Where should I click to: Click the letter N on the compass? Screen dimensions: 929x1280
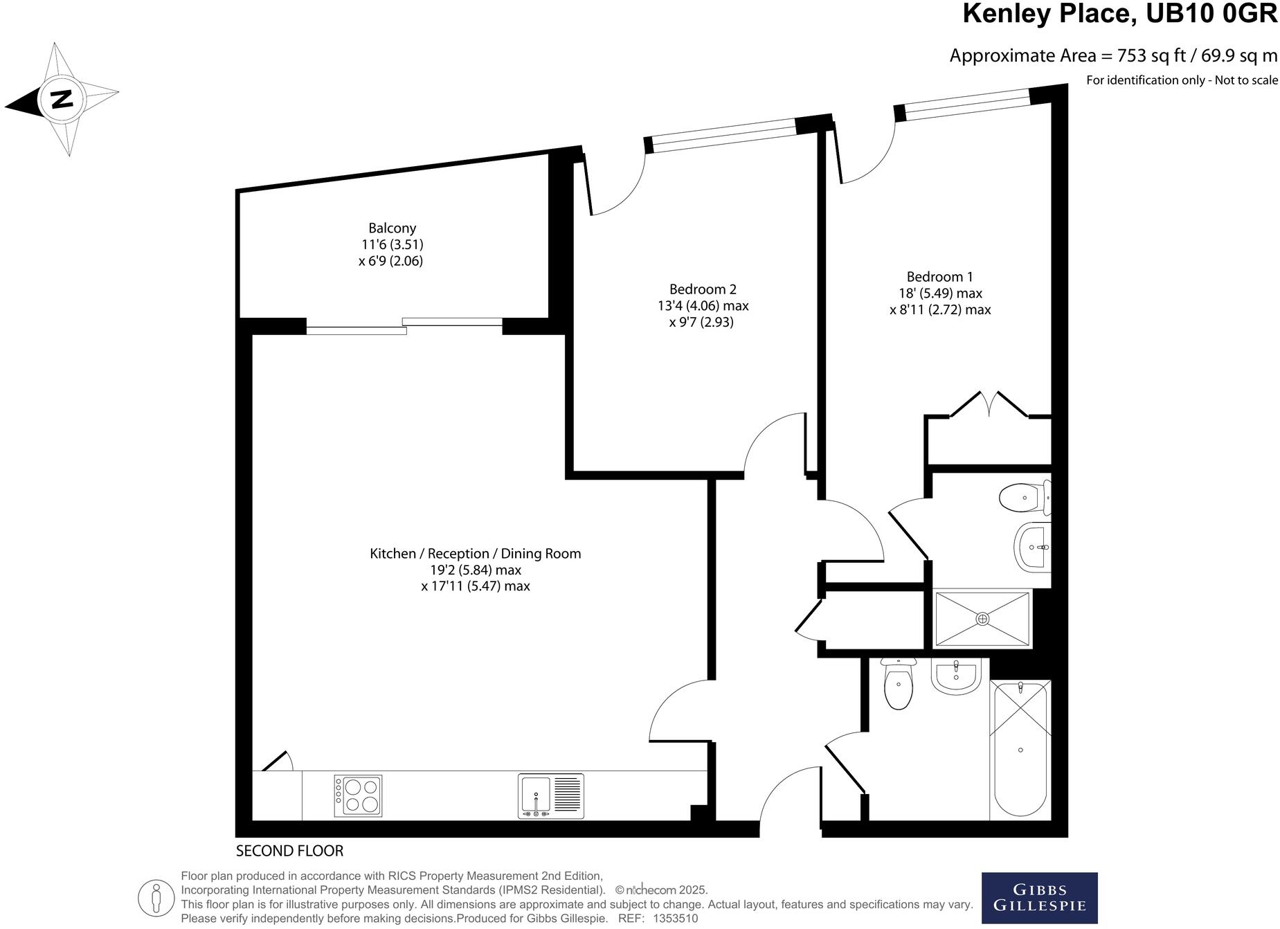coord(62,100)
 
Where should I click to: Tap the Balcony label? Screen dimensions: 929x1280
coord(392,228)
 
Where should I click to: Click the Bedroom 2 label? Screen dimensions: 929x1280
coord(703,289)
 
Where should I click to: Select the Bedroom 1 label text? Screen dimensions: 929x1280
coord(939,276)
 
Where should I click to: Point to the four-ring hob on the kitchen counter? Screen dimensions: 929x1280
coord(358,795)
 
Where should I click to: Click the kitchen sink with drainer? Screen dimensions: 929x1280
coord(550,796)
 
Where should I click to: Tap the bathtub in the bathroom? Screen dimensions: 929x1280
coord(1020,749)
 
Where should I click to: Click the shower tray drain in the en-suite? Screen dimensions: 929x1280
coord(982,618)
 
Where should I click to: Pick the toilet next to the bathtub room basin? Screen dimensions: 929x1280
coord(898,686)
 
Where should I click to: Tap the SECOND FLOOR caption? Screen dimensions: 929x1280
coord(289,850)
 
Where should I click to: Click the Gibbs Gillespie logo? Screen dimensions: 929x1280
coord(1039,897)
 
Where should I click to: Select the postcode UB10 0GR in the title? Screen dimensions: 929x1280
coord(1211,13)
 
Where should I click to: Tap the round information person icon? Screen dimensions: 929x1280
coord(156,898)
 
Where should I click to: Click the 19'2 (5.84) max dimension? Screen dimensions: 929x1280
coord(475,570)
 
